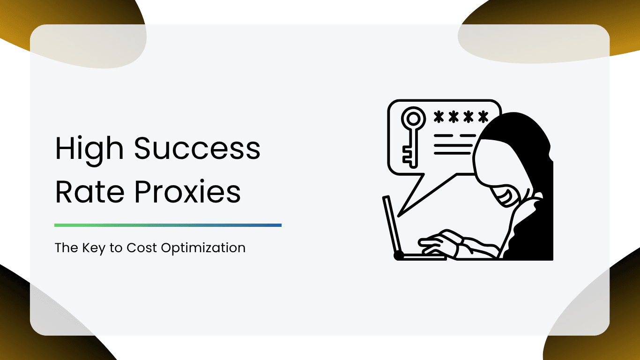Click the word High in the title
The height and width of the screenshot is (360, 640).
pyautogui.click(x=89, y=149)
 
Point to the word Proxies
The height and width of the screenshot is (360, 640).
pyautogui.click(x=187, y=192)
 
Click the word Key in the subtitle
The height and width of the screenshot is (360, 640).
pyautogui.click(x=93, y=247)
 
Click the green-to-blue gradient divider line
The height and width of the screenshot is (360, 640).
pyautogui.click(x=168, y=225)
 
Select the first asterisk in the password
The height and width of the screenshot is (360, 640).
pyautogui.click(x=439, y=116)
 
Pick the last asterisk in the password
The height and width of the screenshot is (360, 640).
pyautogui.click(x=482, y=116)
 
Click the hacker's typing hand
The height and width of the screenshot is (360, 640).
pyautogui.click(x=438, y=241)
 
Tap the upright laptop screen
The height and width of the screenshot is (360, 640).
pyautogui.click(x=392, y=225)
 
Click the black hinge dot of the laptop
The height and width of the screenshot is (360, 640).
pyautogui.click(x=399, y=255)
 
